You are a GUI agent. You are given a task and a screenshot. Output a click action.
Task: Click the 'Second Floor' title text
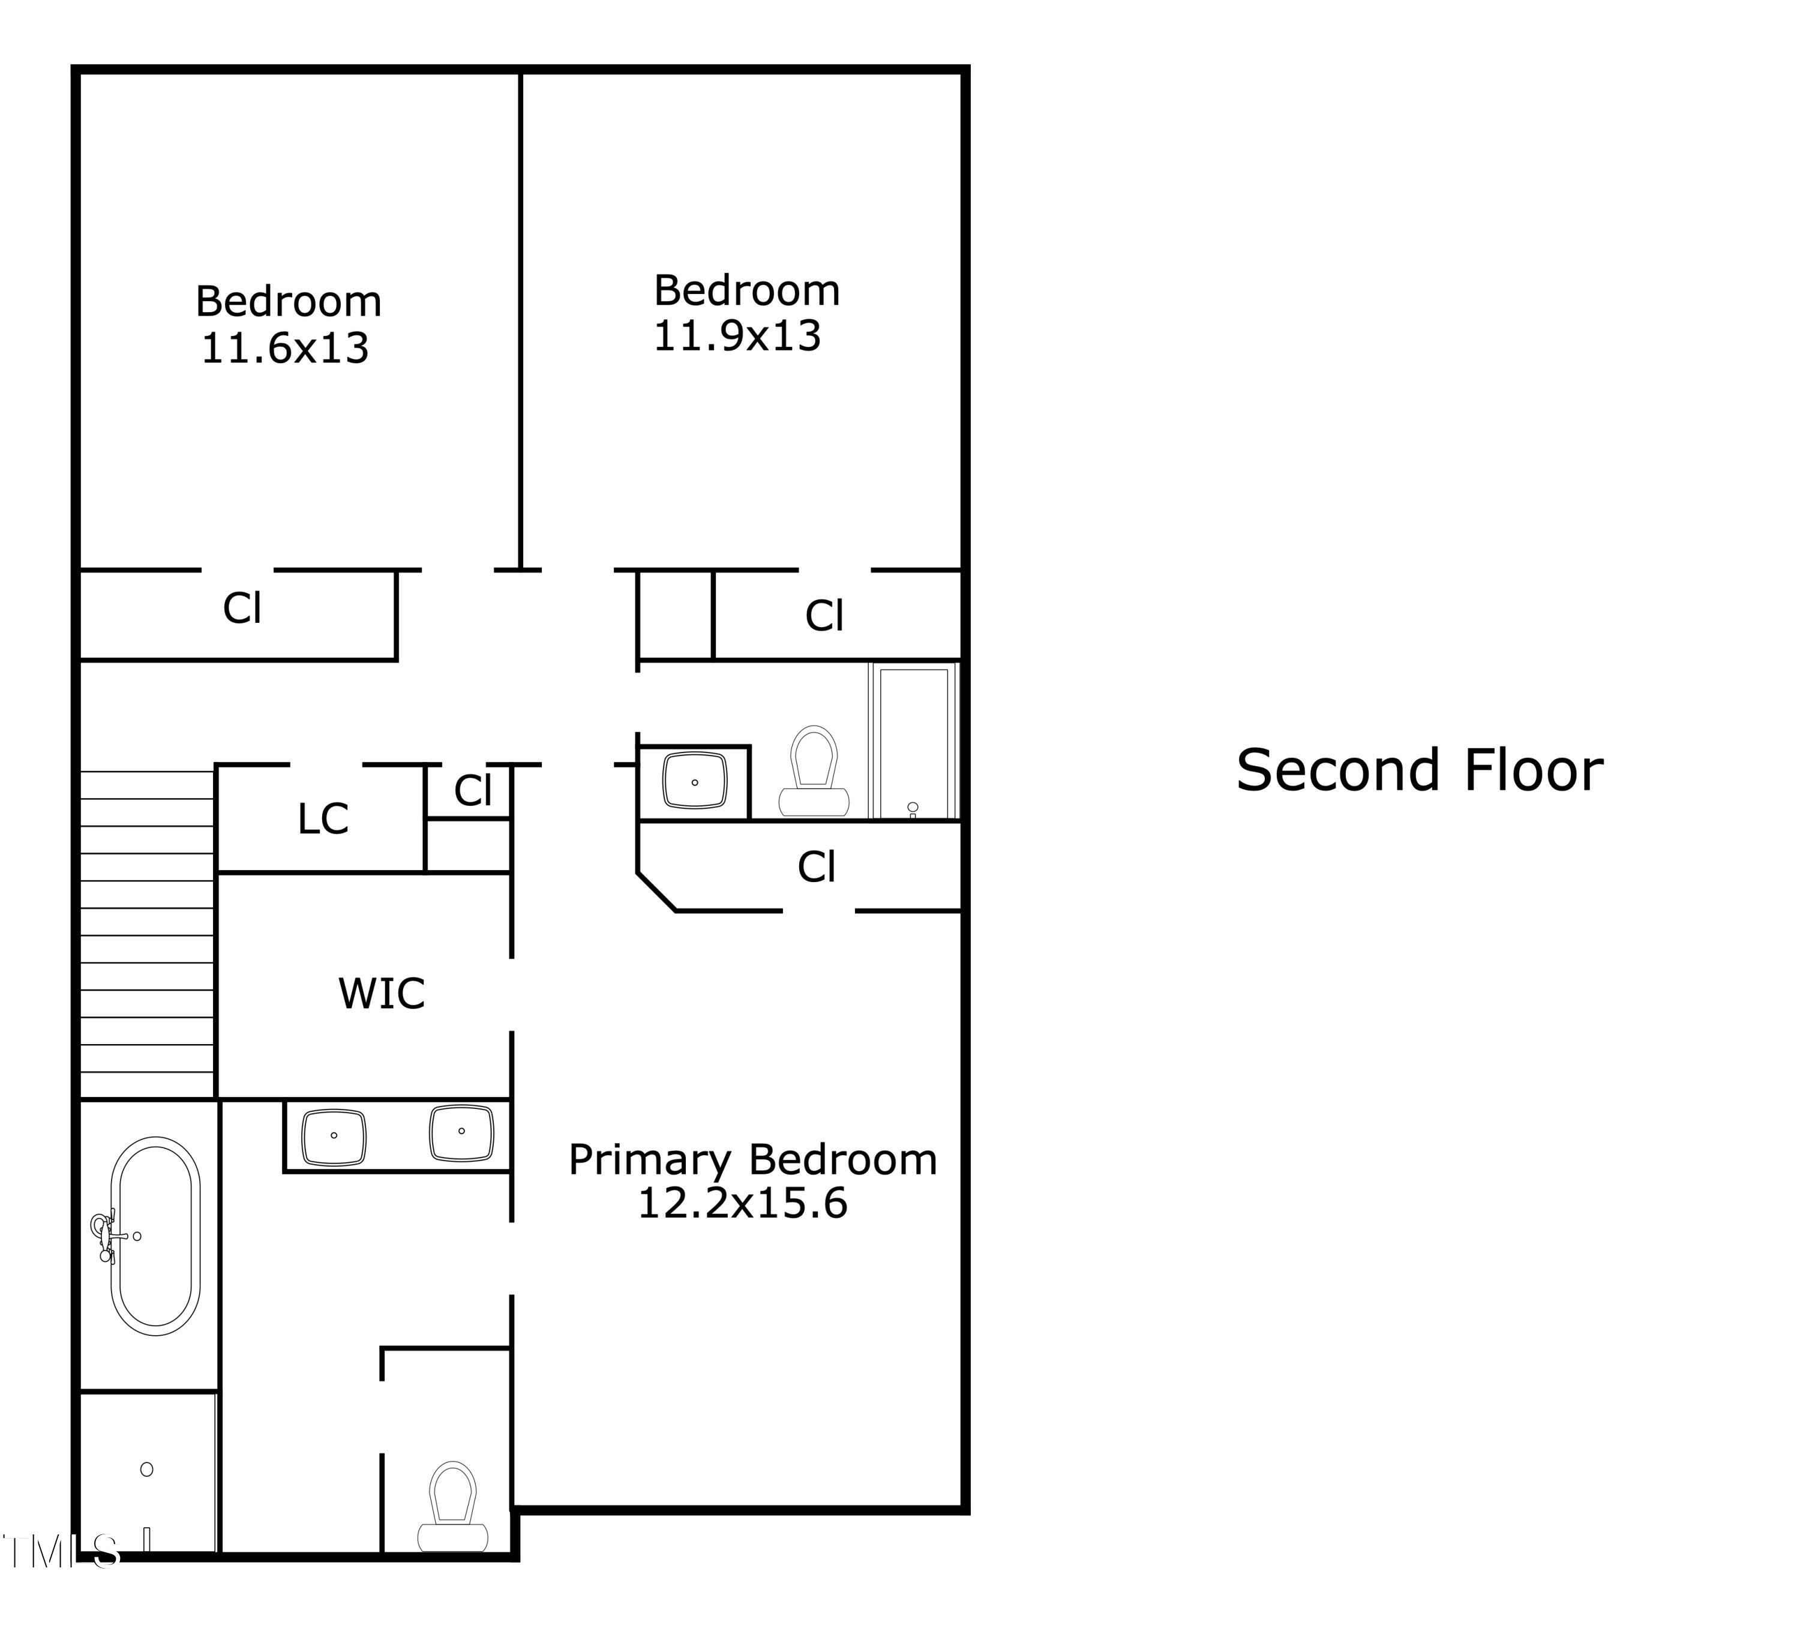coord(1419,772)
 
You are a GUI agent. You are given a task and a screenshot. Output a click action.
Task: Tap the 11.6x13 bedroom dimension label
coord(285,348)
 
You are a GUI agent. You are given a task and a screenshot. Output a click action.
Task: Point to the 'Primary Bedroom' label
coord(752,1160)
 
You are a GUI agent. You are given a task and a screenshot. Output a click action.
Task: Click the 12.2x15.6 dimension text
coord(742,1204)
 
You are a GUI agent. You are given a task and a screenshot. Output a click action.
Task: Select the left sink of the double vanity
coord(334,1137)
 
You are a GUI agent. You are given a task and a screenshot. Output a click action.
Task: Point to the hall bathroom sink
coord(695,781)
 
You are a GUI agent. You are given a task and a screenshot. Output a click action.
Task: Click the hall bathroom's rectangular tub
coord(913,742)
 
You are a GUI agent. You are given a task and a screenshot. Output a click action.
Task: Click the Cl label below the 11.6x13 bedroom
coord(242,609)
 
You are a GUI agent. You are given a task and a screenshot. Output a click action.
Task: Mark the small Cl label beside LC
coord(472,790)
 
